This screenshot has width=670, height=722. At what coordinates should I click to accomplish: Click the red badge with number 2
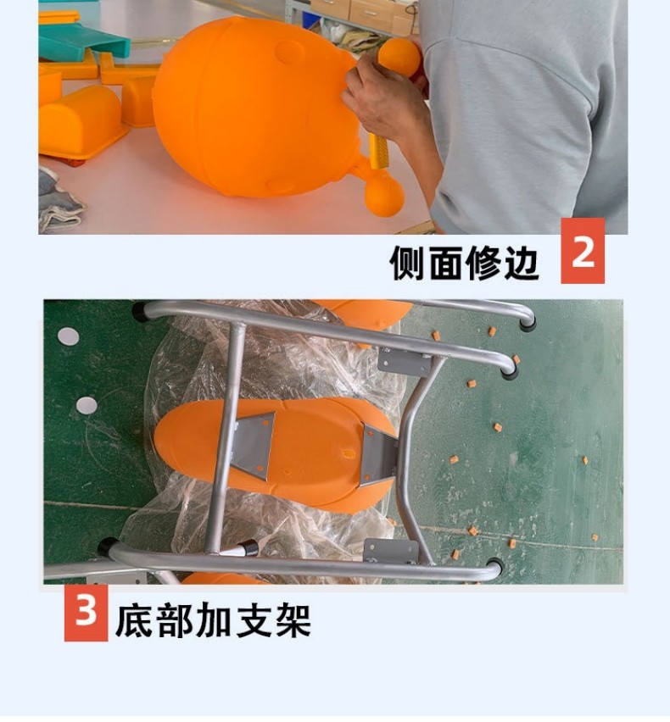tap(583, 251)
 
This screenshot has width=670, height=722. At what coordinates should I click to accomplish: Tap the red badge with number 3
tap(87, 612)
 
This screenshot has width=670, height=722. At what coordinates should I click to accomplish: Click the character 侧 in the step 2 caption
tap(408, 263)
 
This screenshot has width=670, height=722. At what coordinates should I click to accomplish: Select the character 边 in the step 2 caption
tap(522, 263)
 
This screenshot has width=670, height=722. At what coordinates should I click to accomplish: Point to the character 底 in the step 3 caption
tap(134, 620)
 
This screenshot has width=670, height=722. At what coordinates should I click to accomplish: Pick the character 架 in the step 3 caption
tap(292, 620)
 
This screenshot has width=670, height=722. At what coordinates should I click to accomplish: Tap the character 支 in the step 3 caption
tap(253, 620)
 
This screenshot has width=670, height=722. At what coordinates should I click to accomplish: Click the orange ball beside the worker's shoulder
tap(400, 57)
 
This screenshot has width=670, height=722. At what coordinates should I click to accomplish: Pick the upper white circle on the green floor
tap(68, 336)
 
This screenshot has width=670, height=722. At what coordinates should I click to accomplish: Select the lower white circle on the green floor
tap(87, 405)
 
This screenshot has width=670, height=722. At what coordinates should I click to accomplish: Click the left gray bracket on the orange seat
tap(254, 445)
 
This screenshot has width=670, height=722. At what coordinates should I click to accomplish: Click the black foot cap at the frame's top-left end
tap(141, 311)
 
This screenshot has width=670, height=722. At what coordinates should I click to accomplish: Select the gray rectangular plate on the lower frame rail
tap(391, 551)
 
